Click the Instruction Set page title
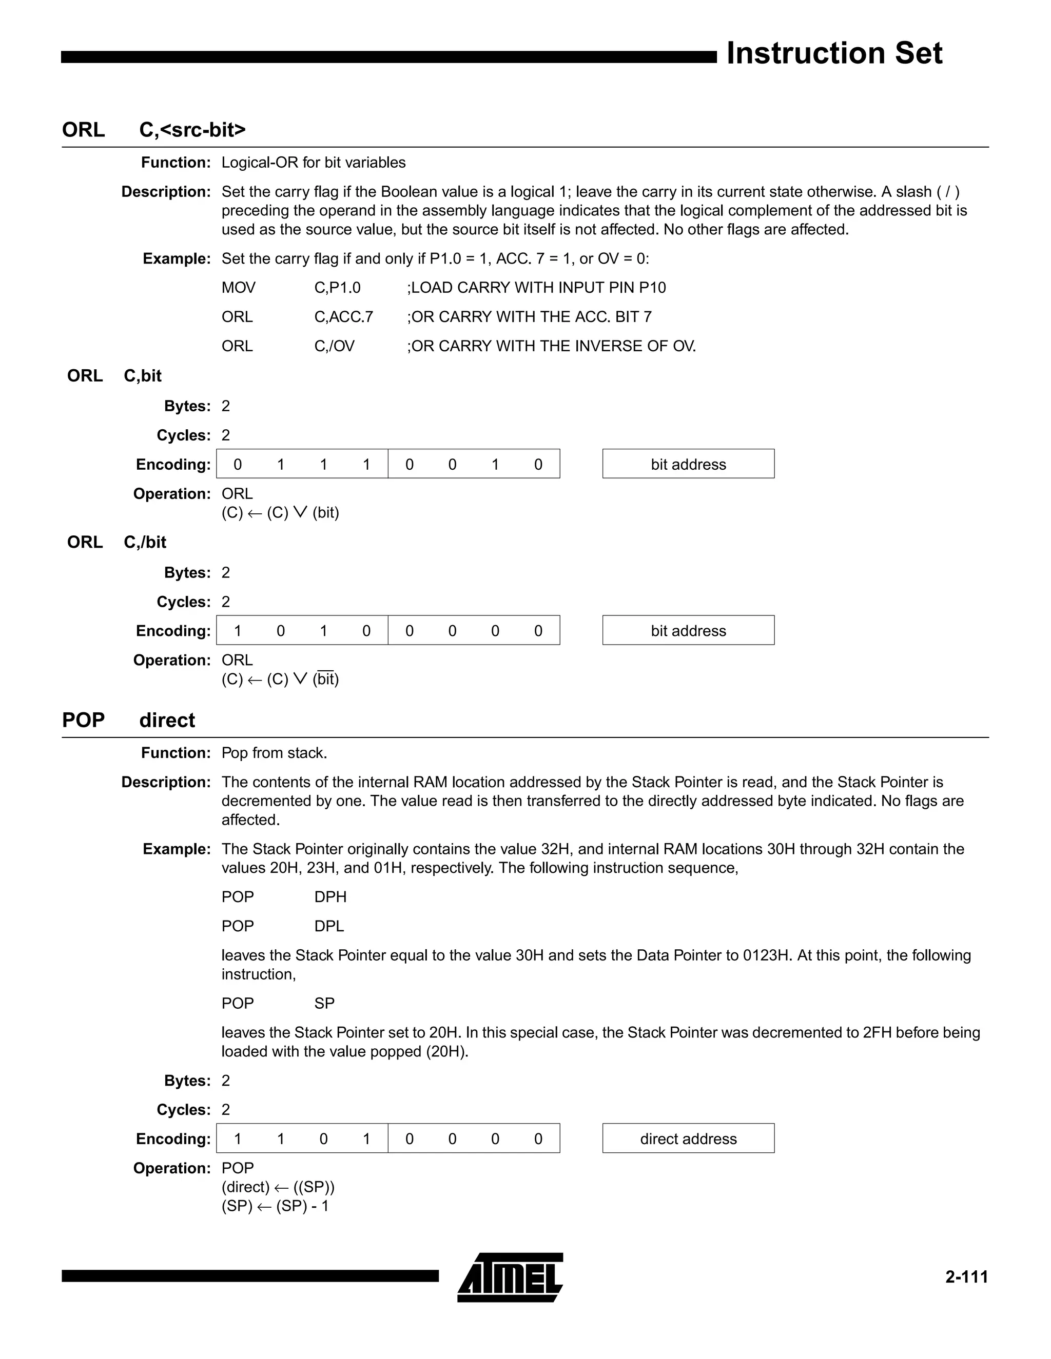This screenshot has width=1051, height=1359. click(834, 53)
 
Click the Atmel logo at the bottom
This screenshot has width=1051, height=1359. click(510, 1277)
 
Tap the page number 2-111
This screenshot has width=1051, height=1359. click(966, 1277)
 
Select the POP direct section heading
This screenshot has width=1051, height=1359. click(128, 720)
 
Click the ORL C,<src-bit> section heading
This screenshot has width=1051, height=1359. click(154, 129)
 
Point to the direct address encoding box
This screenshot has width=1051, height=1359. click(688, 1138)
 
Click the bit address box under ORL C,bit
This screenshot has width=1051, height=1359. click(688, 464)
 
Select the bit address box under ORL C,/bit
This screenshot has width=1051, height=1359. click(688, 630)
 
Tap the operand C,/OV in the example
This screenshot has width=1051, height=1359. click(335, 346)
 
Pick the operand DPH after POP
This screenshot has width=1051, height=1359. click(330, 896)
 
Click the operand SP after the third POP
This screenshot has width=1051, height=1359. click(324, 1003)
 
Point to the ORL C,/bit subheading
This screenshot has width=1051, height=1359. click(116, 542)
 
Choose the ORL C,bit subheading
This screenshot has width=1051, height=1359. click(114, 376)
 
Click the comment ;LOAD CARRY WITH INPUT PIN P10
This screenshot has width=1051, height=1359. click(536, 288)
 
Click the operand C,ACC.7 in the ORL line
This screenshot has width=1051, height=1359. click(344, 317)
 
